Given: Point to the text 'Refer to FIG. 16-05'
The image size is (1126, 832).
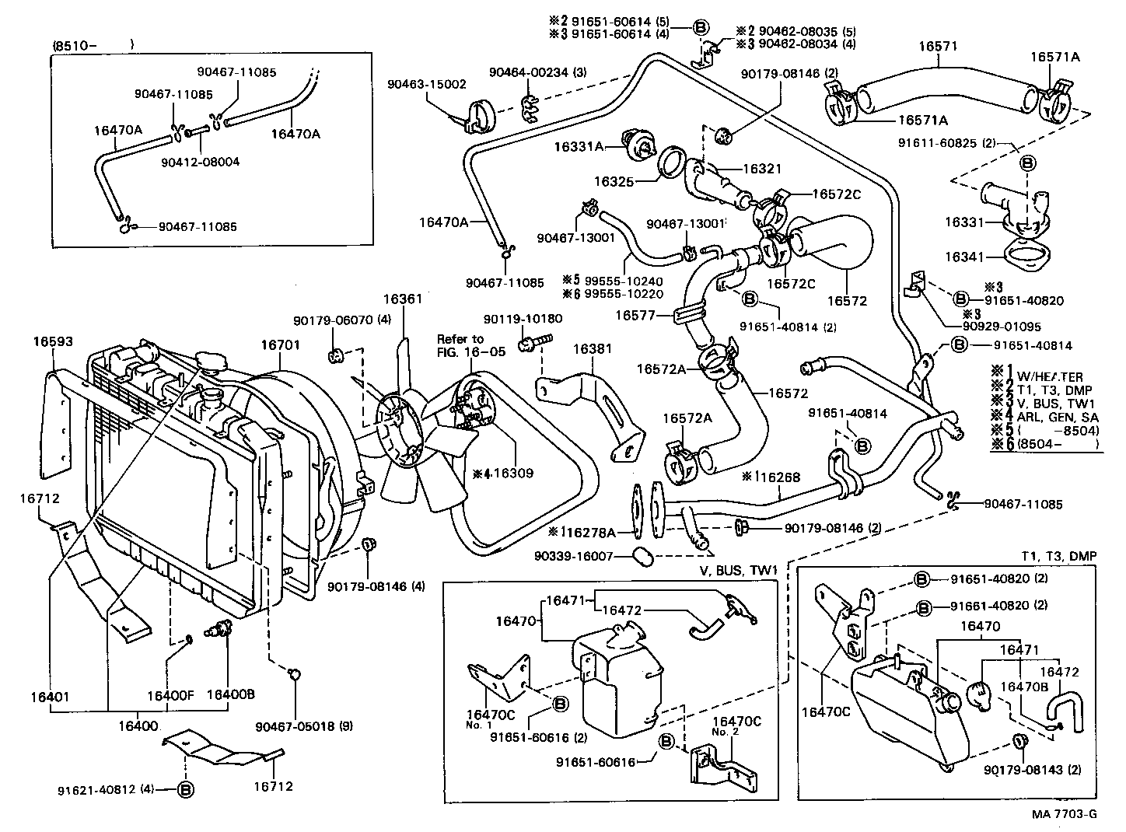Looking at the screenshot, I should (x=471, y=345).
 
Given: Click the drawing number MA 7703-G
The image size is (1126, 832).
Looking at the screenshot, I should (x=1065, y=814).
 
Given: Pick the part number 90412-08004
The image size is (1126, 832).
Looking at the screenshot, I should (x=201, y=163).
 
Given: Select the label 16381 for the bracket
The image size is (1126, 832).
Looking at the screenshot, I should (x=593, y=350).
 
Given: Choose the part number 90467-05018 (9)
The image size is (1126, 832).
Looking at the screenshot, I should (x=304, y=726).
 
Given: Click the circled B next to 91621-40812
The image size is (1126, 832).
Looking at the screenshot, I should (x=186, y=789).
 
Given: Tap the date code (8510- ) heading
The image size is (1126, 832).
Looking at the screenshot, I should (x=93, y=45).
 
